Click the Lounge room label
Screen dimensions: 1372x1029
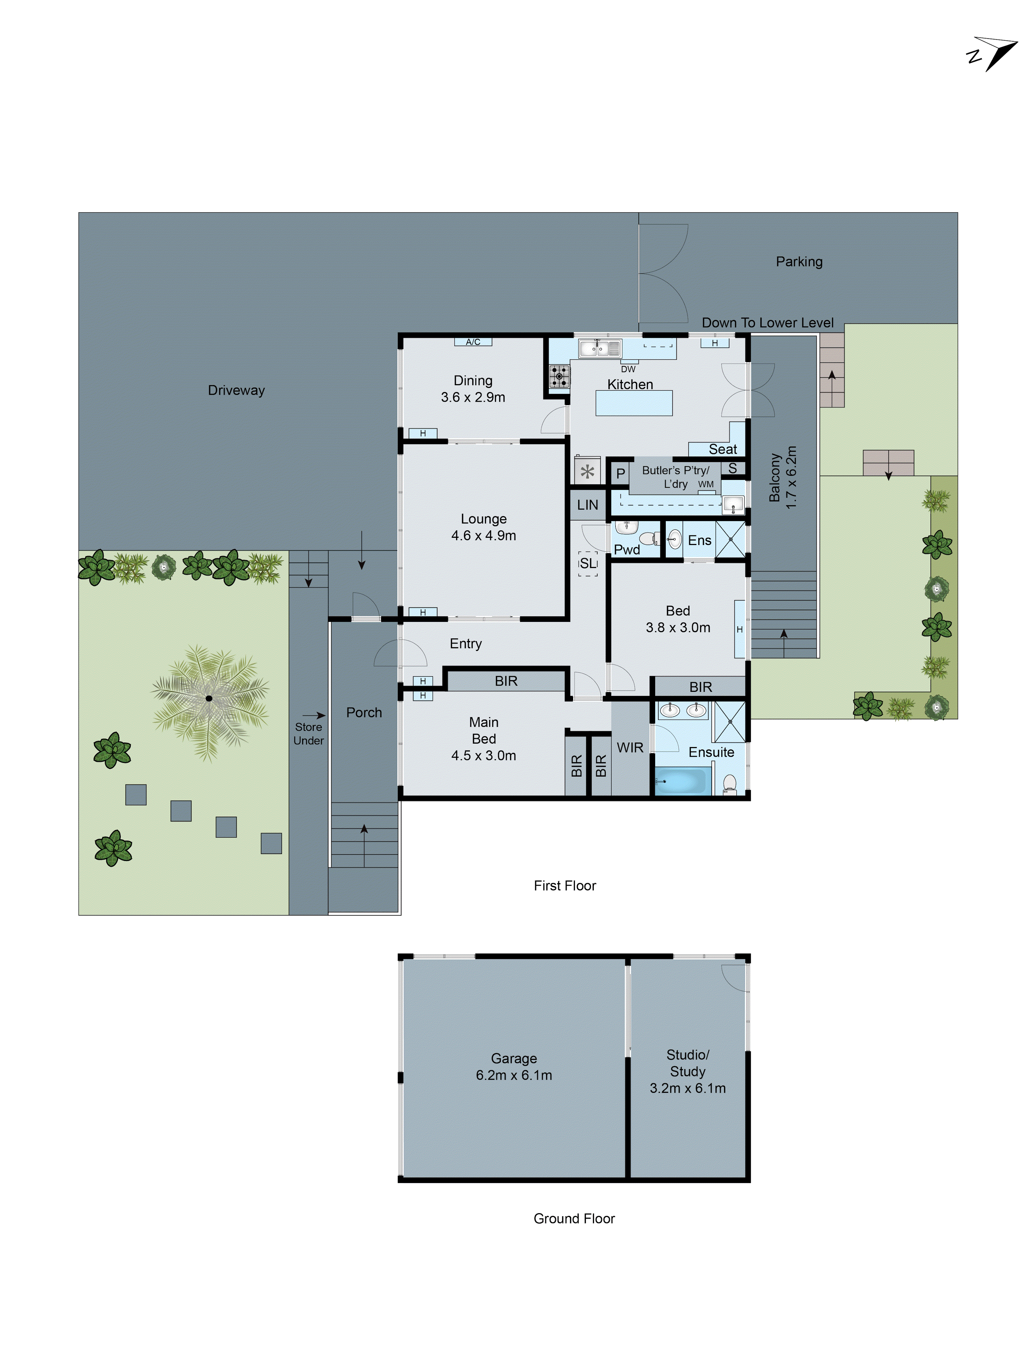(x=483, y=527)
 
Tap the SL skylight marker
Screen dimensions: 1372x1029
(x=587, y=563)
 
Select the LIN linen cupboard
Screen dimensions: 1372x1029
(x=587, y=505)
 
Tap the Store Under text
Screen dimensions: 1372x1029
(x=308, y=733)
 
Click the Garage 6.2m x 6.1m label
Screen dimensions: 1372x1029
(x=513, y=1066)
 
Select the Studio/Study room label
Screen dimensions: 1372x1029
(x=687, y=1071)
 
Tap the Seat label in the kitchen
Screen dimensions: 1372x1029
(x=723, y=449)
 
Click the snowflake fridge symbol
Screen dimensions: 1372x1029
(x=587, y=471)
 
